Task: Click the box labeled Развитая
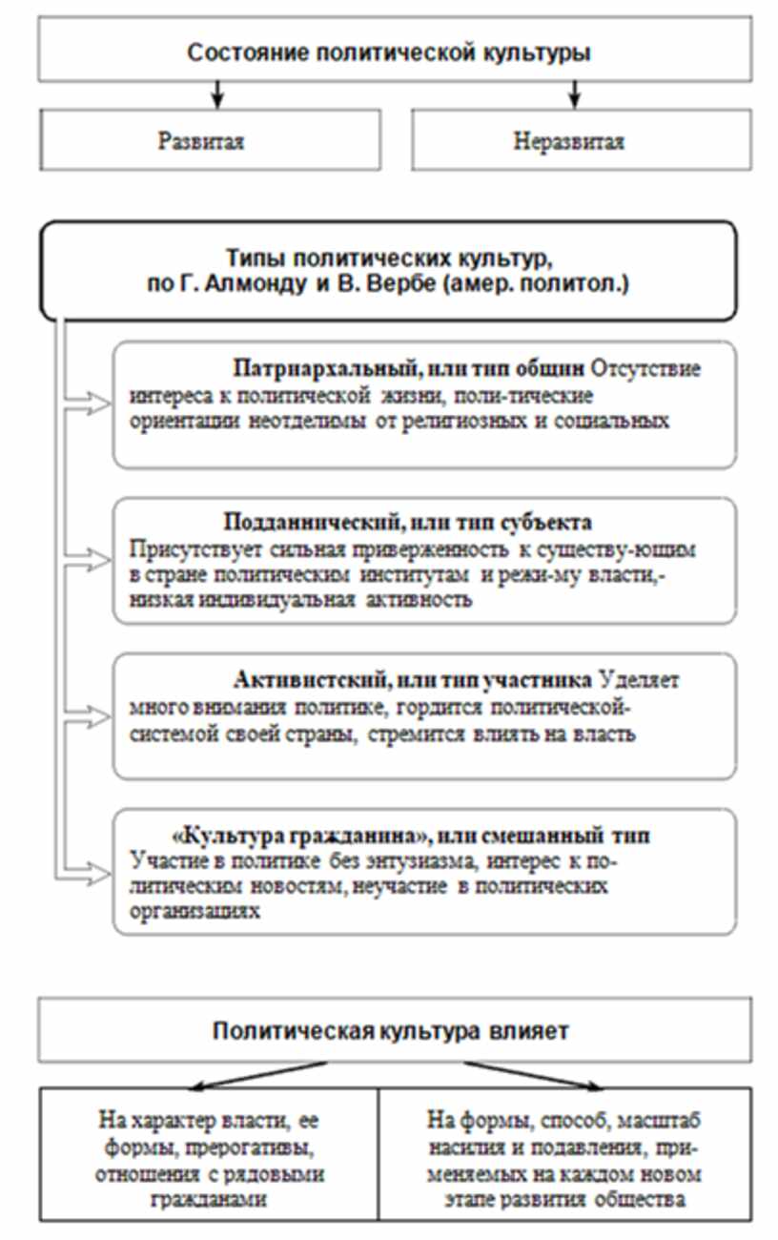point(201,142)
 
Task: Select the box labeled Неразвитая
point(569,142)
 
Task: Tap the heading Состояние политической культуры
point(388,52)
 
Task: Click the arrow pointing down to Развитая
point(217,93)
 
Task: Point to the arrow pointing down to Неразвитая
point(574,93)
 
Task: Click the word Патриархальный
point(296,369)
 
